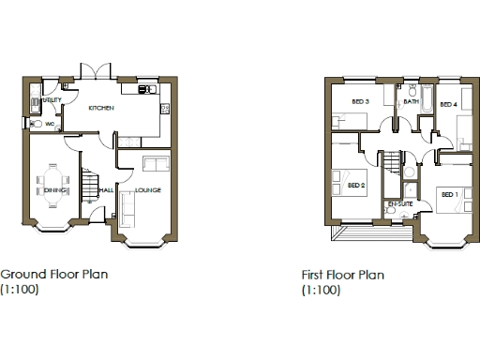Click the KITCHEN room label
[x=101, y=109]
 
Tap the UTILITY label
[x=52, y=99]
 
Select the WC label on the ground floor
[x=49, y=123]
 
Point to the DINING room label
[x=53, y=190]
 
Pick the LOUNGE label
[x=148, y=190]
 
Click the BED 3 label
[x=361, y=101]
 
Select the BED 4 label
[x=447, y=104]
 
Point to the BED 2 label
[x=355, y=185]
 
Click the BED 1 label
[x=449, y=194]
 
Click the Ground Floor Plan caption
[x=54, y=275]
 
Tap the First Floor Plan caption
[x=343, y=276]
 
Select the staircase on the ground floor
[x=88, y=184]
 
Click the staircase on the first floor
[x=391, y=165]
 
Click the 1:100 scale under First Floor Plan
[x=321, y=291]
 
